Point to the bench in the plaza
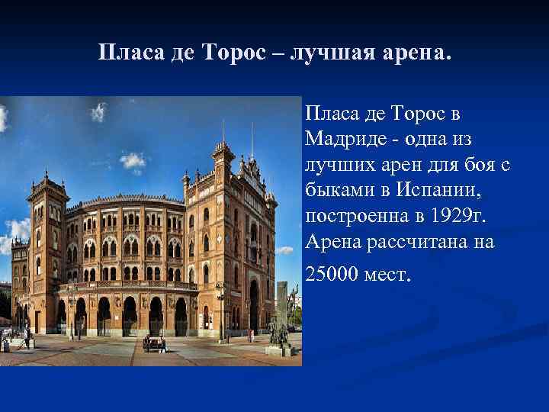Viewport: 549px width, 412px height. pos(154,345)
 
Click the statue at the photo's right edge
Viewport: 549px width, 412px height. pos(281,313)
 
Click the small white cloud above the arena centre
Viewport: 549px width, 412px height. pos(133,160)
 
